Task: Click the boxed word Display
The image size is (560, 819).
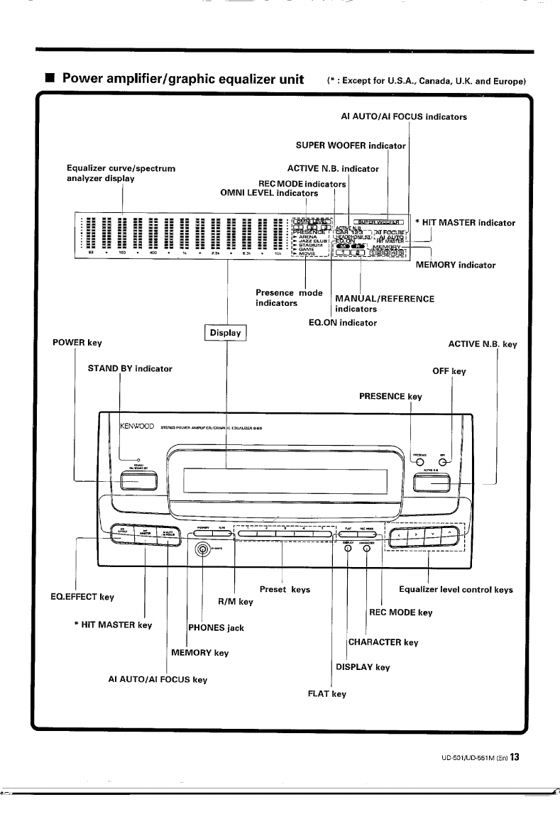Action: pos(225,333)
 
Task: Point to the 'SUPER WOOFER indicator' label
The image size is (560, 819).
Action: pos(351,146)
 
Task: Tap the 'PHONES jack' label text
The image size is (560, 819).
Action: pos(216,628)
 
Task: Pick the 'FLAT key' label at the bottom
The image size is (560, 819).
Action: pos(326,693)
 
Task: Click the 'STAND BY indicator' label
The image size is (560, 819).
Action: pos(130,369)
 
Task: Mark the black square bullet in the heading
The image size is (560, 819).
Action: pos(48,78)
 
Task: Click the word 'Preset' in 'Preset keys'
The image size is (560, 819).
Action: pos(273,589)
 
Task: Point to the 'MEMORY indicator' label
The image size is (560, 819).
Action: pos(455,265)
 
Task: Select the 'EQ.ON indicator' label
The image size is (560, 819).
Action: pos(339,323)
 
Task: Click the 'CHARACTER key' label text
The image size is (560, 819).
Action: pos(383,642)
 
